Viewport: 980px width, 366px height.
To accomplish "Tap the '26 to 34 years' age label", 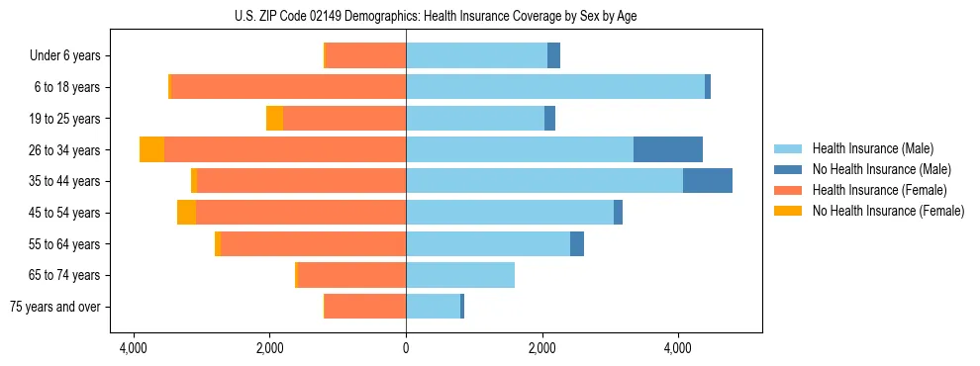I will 64,150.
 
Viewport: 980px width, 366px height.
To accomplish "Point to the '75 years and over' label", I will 55,307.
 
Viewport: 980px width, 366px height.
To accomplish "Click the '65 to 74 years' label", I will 64,275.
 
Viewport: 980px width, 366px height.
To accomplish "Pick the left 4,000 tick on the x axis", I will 133,349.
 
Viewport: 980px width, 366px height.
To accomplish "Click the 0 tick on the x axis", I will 406,349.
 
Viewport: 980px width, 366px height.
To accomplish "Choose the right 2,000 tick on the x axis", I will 541,349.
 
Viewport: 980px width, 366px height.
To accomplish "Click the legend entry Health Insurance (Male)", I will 871,148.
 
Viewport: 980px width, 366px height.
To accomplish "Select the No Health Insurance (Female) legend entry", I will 888,211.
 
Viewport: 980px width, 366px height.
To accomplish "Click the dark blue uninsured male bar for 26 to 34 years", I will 668,149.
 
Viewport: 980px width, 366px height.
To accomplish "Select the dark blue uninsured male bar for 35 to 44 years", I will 708,181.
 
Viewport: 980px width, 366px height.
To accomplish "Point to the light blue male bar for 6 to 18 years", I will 555,87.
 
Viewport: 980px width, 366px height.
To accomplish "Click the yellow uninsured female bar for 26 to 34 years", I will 151,149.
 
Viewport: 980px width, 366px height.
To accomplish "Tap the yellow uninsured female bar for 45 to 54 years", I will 186,213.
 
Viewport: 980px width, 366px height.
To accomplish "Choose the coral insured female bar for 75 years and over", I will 365,307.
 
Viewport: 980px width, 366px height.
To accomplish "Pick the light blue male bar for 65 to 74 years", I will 460,275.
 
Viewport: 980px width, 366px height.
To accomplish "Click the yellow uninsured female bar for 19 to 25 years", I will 274,119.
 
